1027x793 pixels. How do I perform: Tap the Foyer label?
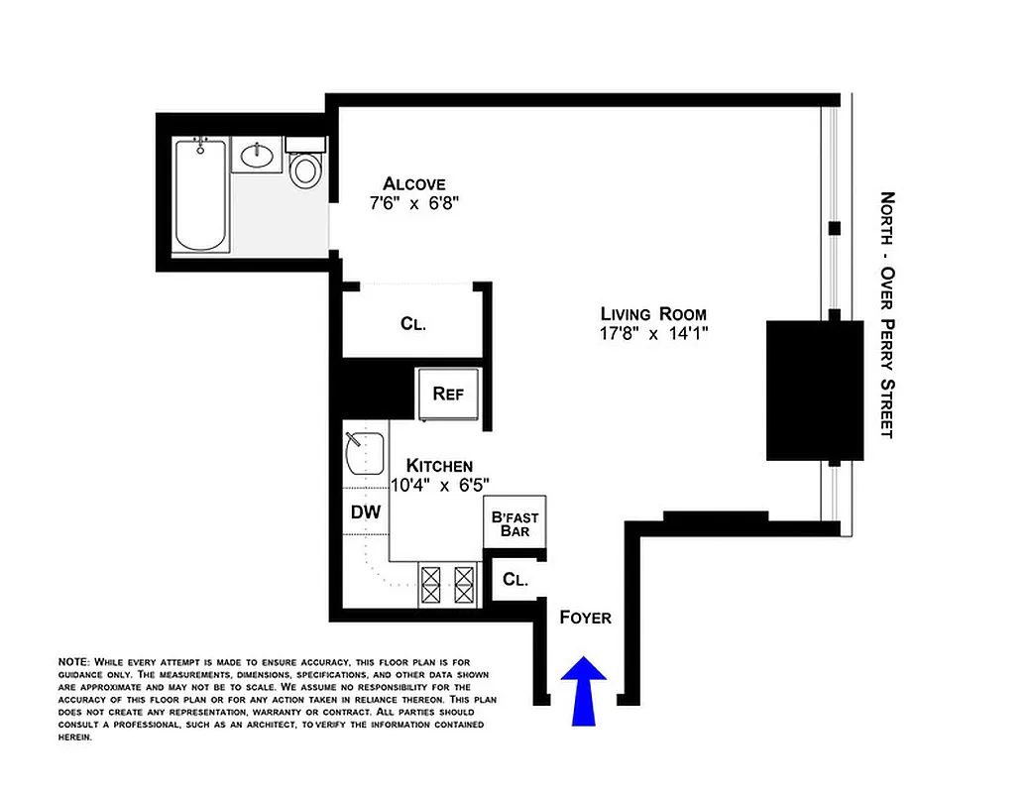[585, 618]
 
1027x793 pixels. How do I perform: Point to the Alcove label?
[414, 183]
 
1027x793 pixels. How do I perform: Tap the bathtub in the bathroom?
[200, 194]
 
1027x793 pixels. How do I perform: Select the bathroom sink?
[259, 156]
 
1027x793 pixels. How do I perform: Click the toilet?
[305, 167]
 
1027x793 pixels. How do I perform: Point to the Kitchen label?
[439, 465]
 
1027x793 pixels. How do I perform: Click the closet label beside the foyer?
[514, 580]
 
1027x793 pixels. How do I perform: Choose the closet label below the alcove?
[413, 323]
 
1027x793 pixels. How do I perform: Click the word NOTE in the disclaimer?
[73, 661]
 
